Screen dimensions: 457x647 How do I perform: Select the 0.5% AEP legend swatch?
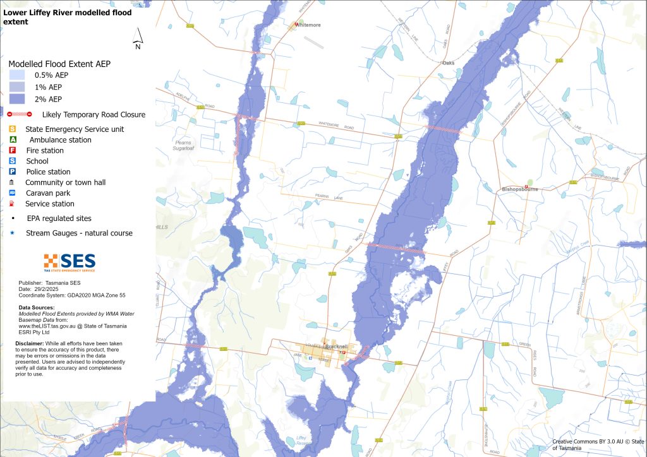coord(16,75)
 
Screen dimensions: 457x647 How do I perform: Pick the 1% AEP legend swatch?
coord(16,87)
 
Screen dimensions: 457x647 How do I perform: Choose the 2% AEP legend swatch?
coord(16,99)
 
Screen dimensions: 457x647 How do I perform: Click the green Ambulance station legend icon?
coord(13,139)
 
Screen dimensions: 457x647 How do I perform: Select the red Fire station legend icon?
coord(13,150)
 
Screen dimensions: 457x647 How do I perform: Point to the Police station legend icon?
coord(13,172)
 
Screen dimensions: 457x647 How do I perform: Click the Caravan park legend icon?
coord(13,193)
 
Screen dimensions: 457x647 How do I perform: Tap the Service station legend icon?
coord(13,204)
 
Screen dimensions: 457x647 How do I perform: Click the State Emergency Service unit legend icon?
coord(13,129)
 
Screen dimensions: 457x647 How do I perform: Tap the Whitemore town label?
coord(310,25)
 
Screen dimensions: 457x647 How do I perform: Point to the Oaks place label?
coord(448,63)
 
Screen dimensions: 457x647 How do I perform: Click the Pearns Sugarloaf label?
coord(183,146)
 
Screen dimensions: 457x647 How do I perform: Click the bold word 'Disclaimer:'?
coord(29,343)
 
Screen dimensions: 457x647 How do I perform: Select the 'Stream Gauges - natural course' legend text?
coord(79,233)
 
